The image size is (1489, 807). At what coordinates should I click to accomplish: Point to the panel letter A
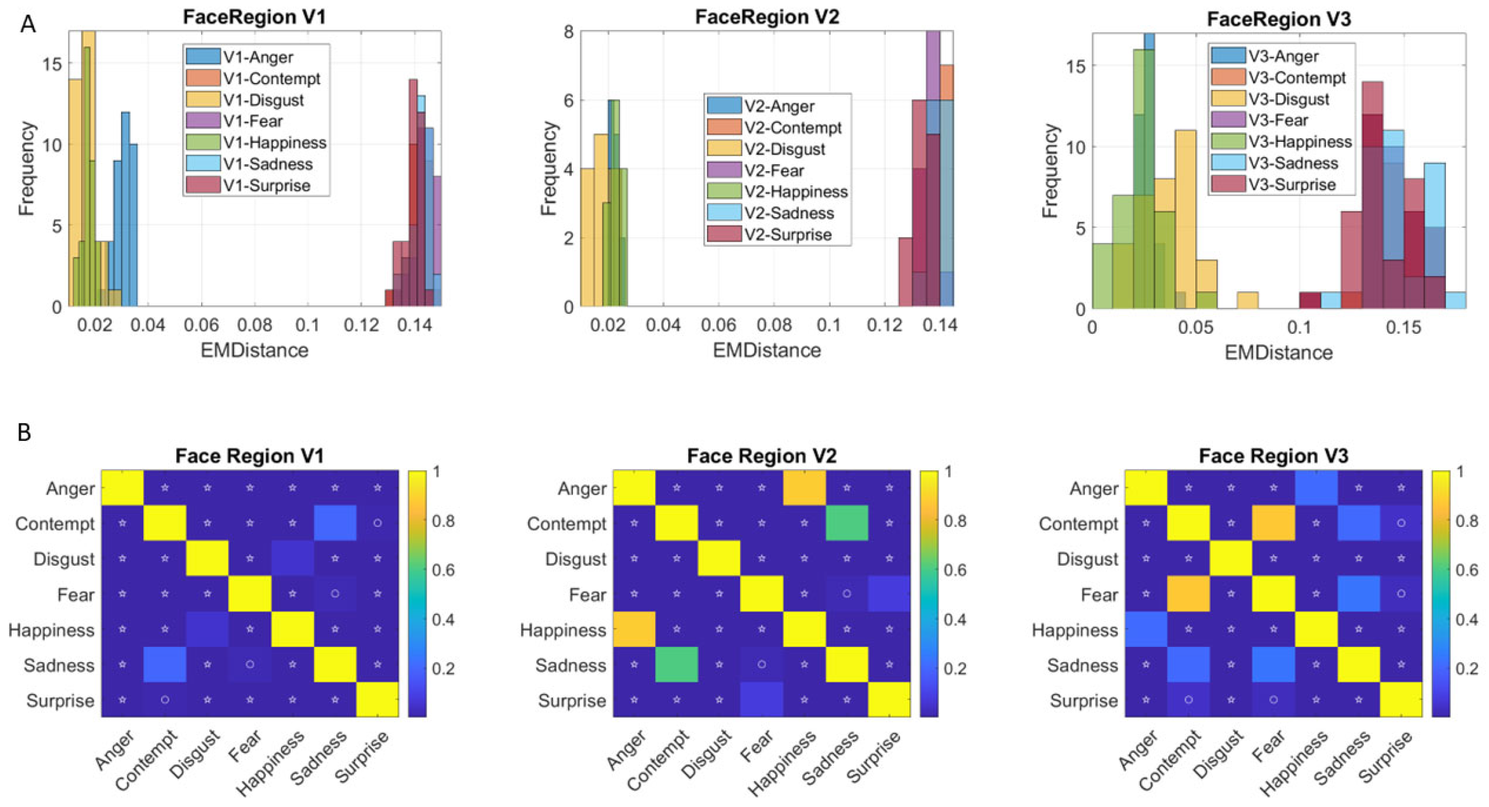pos(27,25)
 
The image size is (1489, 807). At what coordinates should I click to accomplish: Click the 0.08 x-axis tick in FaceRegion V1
pos(254,325)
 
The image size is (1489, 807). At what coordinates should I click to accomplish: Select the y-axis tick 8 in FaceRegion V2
pos(568,32)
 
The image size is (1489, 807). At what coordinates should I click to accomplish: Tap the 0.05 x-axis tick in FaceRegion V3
pos(1195,328)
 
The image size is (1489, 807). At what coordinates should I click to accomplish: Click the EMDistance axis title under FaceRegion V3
pos(1279,353)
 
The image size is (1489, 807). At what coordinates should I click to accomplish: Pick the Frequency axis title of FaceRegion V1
pos(26,168)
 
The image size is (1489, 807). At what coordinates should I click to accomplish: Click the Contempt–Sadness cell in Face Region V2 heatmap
pos(847,523)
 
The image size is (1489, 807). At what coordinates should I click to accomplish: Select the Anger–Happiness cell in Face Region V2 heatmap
pos(804,488)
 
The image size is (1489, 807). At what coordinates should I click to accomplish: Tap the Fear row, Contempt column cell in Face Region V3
pos(1189,594)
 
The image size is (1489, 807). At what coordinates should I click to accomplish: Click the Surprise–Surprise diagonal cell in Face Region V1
pos(377,700)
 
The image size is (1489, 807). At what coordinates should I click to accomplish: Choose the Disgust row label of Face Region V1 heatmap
pos(64,559)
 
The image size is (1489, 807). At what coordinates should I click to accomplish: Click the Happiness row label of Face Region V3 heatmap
pos(1075,630)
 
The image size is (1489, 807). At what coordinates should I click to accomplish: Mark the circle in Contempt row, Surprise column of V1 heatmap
pos(377,523)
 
